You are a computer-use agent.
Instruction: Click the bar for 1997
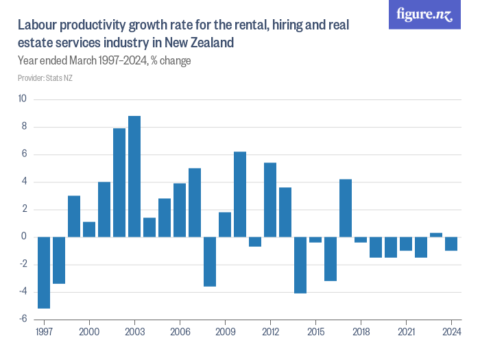click(x=44, y=272)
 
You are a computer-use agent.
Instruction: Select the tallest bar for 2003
click(x=134, y=176)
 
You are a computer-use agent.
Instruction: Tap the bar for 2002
click(x=119, y=182)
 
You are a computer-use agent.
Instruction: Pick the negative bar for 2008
click(x=210, y=261)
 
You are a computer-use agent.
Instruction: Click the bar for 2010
click(x=240, y=194)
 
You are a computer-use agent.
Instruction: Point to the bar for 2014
click(x=300, y=265)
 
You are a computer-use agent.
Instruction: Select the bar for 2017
click(x=346, y=208)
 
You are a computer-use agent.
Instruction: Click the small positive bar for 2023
click(x=436, y=235)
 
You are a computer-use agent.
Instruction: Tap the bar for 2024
click(x=451, y=243)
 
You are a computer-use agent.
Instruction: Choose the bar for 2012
click(x=270, y=200)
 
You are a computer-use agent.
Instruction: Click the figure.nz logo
click(x=425, y=14)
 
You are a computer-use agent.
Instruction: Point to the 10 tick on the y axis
click(x=22, y=99)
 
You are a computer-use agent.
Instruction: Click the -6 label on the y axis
click(x=22, y=319)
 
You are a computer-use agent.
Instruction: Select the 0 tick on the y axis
click(x=23, y=237)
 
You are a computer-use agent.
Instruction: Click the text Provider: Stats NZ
click(x=45, y=78)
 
